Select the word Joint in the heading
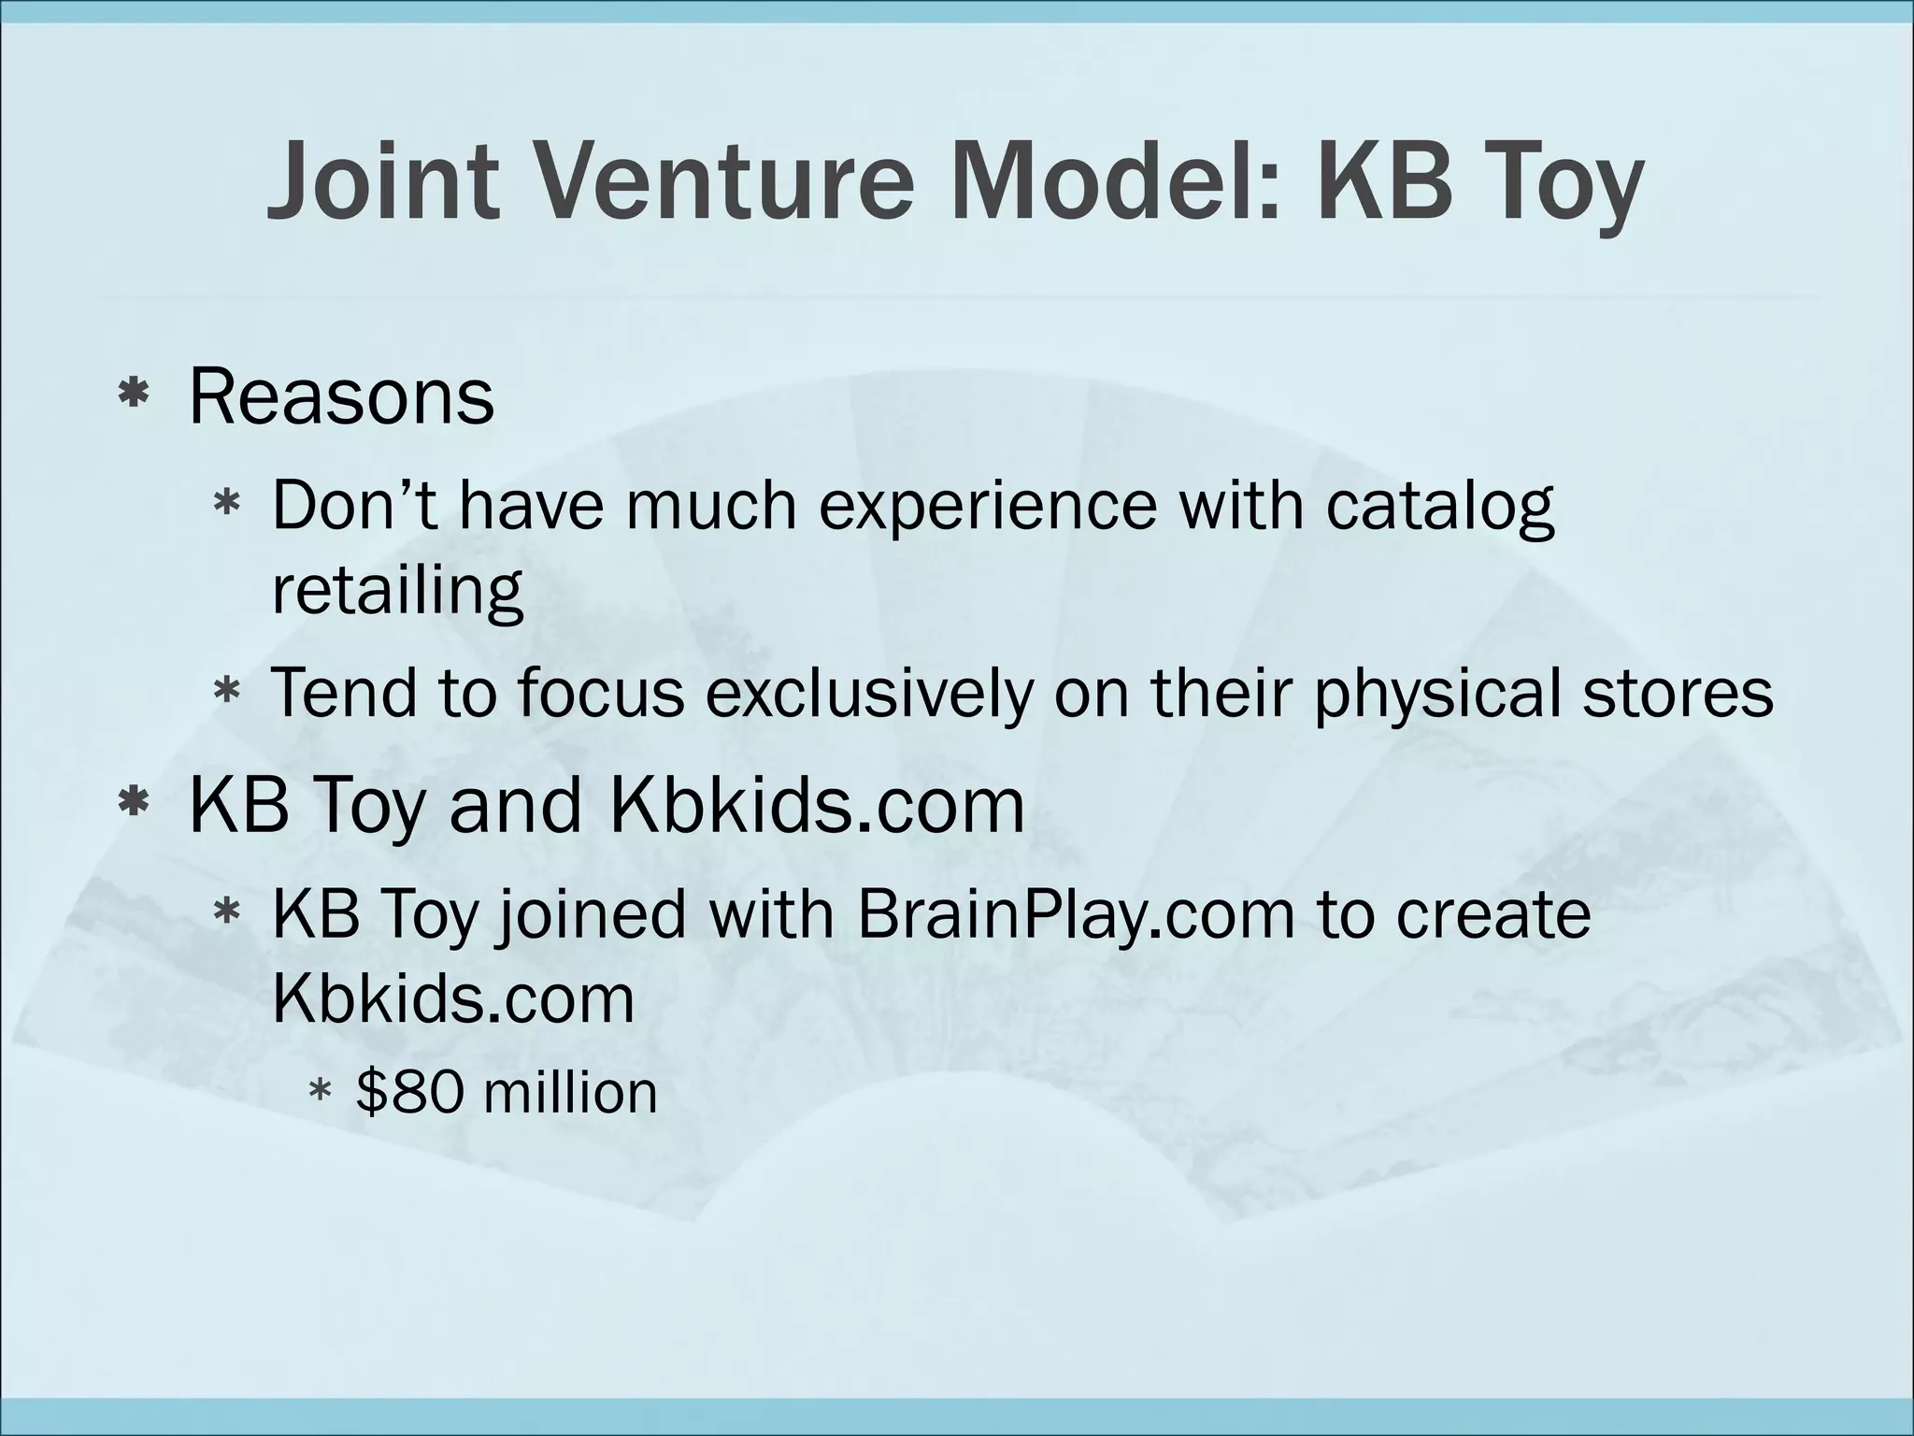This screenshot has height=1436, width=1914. tap(381, 181)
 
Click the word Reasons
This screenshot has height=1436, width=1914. tap(341, 398)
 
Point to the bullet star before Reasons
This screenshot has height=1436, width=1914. tap(135, 395)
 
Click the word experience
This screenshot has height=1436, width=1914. tap(988, 506)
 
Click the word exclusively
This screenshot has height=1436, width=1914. tap(869, 694)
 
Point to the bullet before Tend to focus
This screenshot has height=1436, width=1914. tap(227, 693)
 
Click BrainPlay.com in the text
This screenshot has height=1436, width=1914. tap(1075, 917)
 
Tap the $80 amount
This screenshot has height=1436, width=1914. tap(409, 1092)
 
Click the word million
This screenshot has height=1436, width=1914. tap(570, 1092)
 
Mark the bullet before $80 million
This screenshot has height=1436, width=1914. tap(320, 1090)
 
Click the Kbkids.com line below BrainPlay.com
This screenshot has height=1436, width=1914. tap(453, 999)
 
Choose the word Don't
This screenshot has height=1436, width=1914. tap(355, 506)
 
